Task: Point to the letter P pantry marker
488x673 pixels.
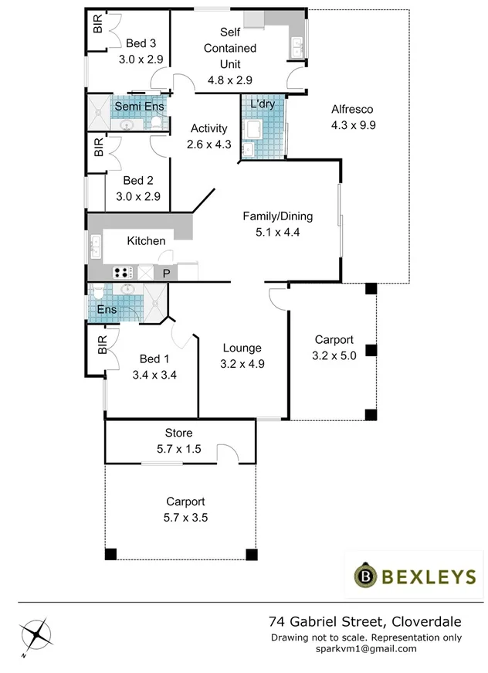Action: pos(165,273)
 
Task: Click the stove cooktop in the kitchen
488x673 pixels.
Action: pos(124,272)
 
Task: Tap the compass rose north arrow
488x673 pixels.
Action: pos(36,635)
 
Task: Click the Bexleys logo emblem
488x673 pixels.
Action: pos(365,575)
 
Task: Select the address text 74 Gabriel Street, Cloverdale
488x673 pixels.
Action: pos(364,621)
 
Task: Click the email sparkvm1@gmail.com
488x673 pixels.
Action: pos(366,649)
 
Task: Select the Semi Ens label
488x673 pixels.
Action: pos(134,106)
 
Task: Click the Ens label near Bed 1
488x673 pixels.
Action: pos(107,310)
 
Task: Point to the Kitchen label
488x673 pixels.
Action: pos(146,241)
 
